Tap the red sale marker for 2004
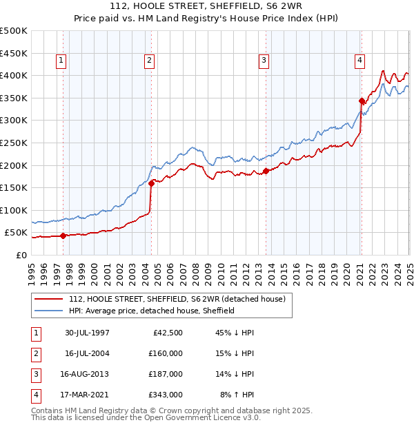click(x=151, y=183)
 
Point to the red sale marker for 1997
click(x=63, y=236)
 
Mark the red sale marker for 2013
click(x=266, y=171)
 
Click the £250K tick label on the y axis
click(x=14, y=143)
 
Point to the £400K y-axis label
click(x=14, y=75)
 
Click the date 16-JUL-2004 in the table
click(x=88, y=353)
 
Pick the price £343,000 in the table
click(x=166, y=395)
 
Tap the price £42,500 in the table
click(x=168, y=333)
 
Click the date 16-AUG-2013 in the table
click(x=88, y=374)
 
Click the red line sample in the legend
click(x=48, y=298)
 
